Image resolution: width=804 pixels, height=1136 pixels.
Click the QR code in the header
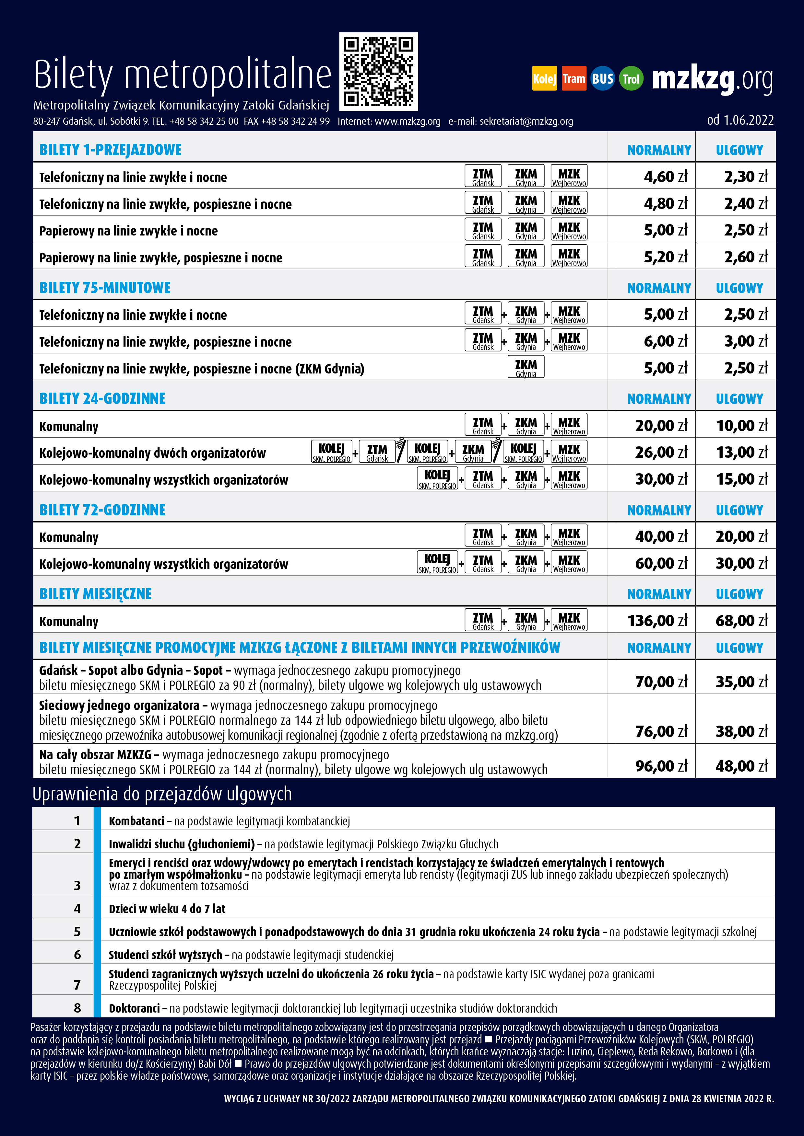378,72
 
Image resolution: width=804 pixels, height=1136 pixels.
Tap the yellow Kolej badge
544,79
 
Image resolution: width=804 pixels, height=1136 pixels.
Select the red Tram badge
574,79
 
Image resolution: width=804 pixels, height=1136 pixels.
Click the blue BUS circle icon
602,79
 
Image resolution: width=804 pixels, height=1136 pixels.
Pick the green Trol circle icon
631,79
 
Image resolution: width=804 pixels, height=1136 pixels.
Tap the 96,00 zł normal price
661,766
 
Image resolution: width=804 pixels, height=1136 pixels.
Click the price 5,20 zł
665,257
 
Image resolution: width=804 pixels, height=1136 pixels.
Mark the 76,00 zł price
661,731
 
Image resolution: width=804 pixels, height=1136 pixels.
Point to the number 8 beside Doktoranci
77,1008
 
